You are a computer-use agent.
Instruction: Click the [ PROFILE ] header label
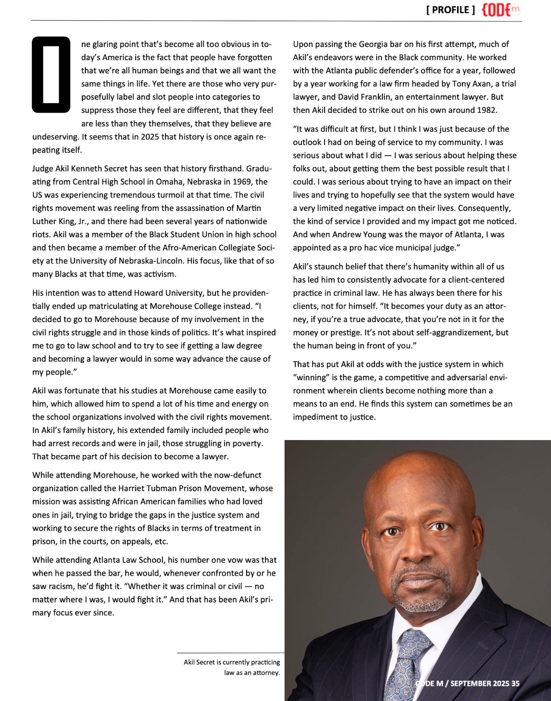coord(450,10)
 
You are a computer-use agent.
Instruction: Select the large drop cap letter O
coord(51,74)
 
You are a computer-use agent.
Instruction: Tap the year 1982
coord(486,110)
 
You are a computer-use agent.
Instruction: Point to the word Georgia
coord(374,44)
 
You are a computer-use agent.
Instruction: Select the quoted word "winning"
coord(311,377)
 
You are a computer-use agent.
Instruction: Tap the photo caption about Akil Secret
coord(232,667)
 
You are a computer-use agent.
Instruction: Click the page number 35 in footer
coord(515,683)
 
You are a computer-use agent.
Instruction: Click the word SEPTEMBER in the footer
coord(473,683)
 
